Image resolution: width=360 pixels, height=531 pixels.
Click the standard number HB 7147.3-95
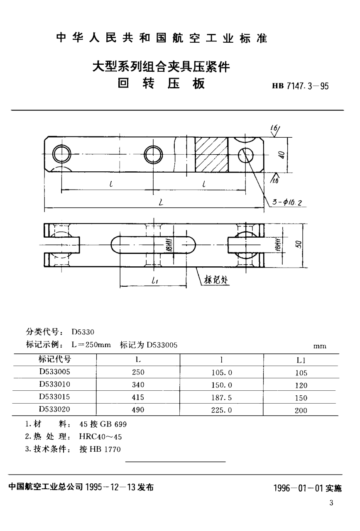coord(300,86)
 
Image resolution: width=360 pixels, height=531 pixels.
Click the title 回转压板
coord(162,84)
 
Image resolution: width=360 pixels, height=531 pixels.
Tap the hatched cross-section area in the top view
coord(212,155)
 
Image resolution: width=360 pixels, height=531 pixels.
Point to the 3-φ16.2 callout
coord(287,202)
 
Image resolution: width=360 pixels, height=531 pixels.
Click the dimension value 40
coord(282,155)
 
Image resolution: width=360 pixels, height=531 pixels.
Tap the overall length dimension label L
coord(161,203)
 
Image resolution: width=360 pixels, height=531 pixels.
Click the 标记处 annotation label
coord(217,280)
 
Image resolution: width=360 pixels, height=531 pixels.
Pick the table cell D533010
coord(55,385)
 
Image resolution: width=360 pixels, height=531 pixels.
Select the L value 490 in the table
coord(137,410)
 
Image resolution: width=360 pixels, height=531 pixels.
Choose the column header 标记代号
coord(55,359)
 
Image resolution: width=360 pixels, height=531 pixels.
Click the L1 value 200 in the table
coord(301,410)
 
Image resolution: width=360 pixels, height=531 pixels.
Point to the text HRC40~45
coord(100,437)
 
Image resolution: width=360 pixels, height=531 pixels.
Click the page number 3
coord(331,503)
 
